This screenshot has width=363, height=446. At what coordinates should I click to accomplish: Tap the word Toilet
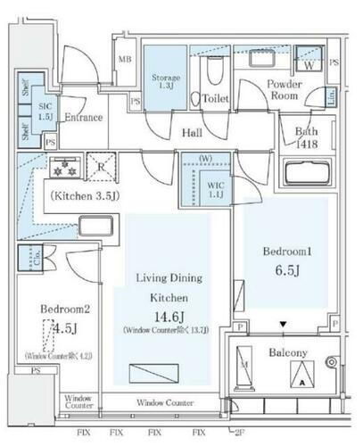tap(217, 98)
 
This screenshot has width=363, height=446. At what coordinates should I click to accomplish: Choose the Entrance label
tap(84, 117)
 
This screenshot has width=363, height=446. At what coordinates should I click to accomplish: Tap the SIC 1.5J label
tap(45, 111)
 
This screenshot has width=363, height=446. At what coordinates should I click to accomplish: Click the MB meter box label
tap(126, 60)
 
